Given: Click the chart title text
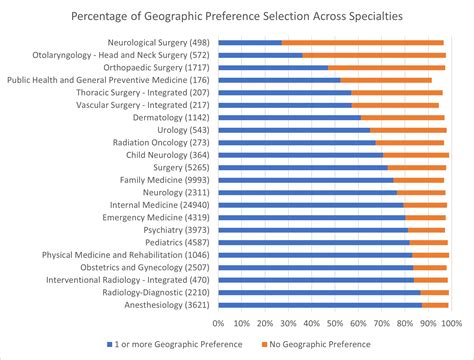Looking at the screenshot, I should point(237,17).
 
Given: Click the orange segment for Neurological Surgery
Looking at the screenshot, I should point(363,43).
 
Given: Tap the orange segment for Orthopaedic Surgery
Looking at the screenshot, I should point(387,68).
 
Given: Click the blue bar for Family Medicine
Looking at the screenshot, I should point(306,179).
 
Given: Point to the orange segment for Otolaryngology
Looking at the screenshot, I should point(374,55).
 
